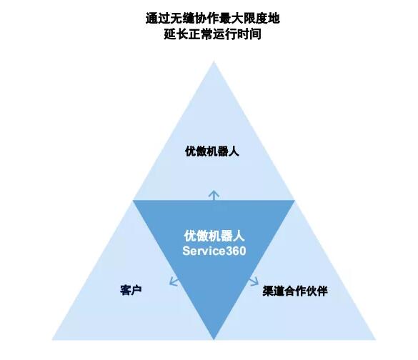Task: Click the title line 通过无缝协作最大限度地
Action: (x=212, y=19)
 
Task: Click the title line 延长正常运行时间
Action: (x=212, y=34)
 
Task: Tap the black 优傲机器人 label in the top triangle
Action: (x=212, y=151)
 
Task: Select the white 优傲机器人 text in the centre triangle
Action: (x=214, y=236)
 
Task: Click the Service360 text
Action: (x=214, y=251)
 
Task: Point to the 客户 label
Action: (x=131, y=290)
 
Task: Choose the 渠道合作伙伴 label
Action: (x=295, y=291)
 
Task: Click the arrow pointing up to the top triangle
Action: (x=214, y=195)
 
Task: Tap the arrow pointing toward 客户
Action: (x=174, y=281)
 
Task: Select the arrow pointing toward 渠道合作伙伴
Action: (x=254, y=281)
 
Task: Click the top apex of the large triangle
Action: (x=214, y=61)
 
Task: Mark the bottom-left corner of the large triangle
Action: (x=52, y=340)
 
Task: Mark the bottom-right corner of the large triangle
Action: (x=376, y=340)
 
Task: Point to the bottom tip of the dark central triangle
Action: (x=214, y=339)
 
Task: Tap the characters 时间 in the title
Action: (x=249, y=34)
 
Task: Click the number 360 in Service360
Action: (x=236, y=251)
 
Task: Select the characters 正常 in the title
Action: (x=200, y=34)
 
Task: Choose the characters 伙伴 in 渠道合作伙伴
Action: (x=317, y=291)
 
